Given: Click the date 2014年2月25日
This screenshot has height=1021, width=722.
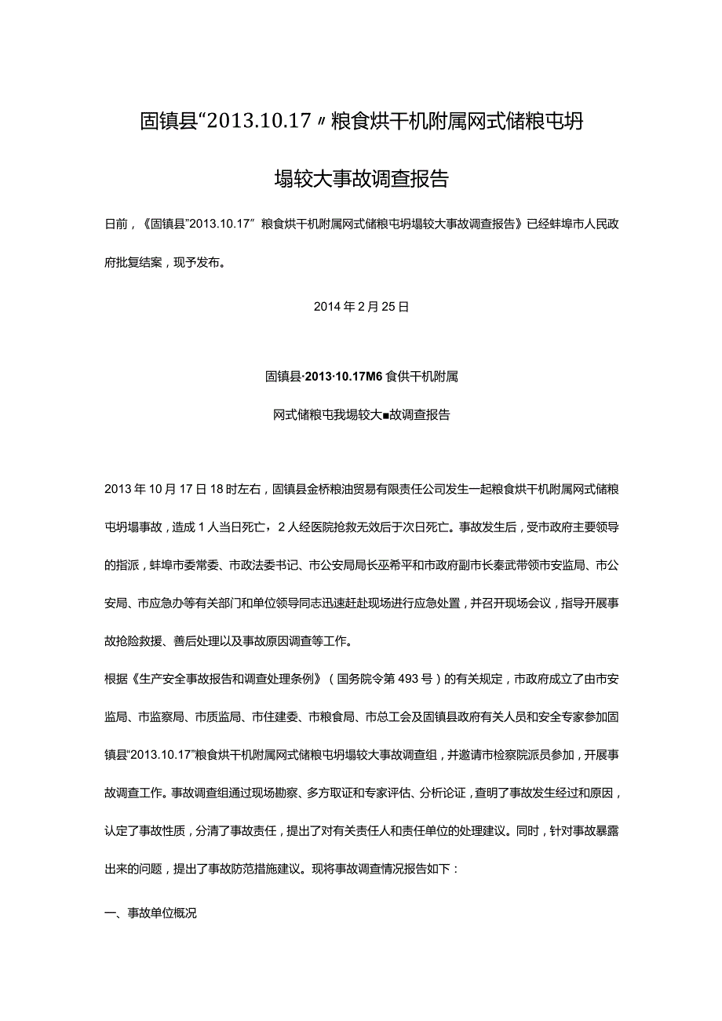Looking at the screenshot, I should (x=361, y=308).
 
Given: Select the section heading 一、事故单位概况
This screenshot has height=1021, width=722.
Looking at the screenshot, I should (x=151, y=913).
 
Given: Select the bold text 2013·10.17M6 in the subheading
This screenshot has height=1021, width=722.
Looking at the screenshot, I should (x=344, y=377).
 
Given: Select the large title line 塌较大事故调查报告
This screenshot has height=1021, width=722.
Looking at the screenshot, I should (x=361, y=178).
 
